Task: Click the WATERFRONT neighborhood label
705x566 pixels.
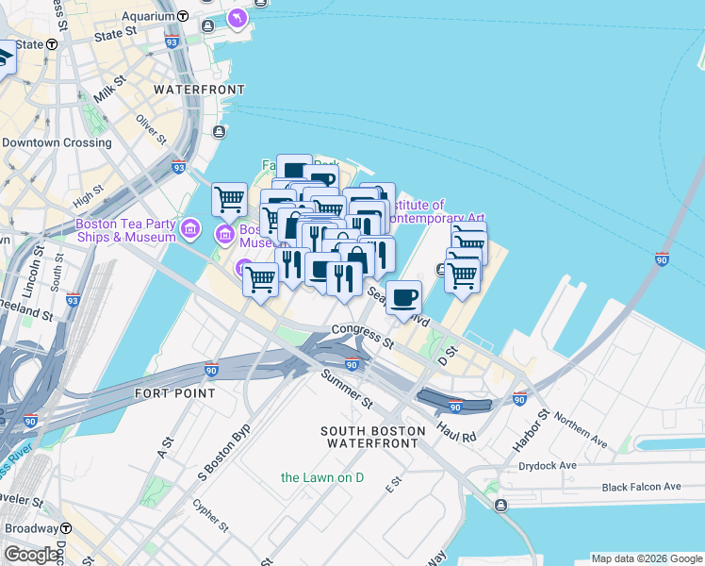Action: tap(199, 90)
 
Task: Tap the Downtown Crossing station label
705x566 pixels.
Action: tap(57, 143)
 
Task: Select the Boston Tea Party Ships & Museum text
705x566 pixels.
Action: tap(124, 230)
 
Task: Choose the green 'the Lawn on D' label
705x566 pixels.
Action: tap(322, 477)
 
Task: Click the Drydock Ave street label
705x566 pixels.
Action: tap(546, 466)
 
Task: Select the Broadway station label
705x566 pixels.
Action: tap(31, 528)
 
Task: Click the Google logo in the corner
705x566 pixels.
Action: tap(31, 555)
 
